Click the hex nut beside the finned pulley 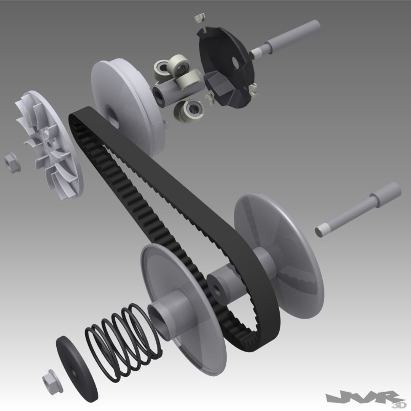[x=12, y=163]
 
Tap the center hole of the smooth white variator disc [x=111, y=112]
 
